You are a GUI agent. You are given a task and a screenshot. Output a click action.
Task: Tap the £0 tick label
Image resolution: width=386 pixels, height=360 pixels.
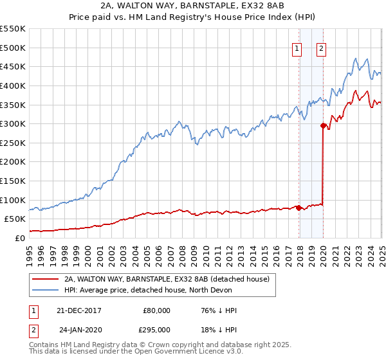pos(19,238)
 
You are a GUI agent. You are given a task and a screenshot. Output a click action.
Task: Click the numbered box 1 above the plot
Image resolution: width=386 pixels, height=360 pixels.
pos(297,47)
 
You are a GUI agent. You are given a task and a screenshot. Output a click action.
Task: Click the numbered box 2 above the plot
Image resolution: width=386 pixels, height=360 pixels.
pos(321,47)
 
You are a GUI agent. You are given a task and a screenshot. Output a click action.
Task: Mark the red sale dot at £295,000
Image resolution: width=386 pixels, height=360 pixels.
pos(322,126)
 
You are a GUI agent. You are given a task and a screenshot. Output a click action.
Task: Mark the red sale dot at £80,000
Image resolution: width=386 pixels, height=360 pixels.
pos(299,207)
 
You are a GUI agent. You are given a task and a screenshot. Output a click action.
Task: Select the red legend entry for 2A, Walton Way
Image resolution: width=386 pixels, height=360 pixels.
pos(170,279)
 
